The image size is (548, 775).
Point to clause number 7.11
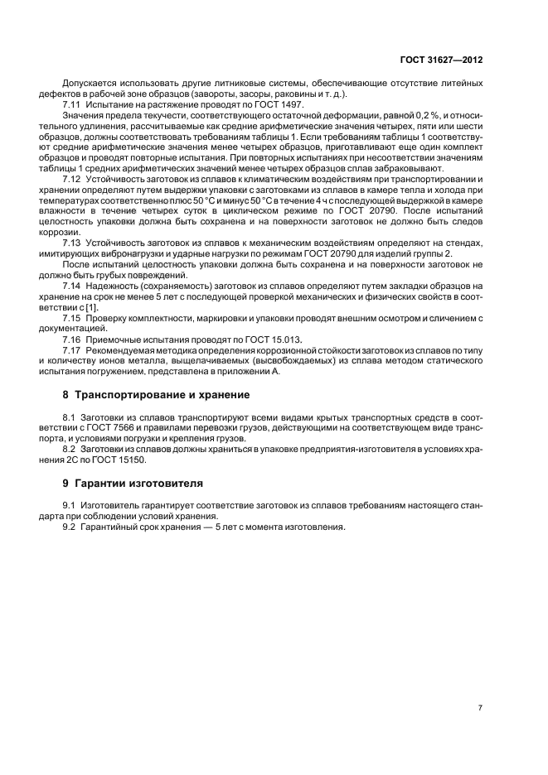click(x=71, y=105)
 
